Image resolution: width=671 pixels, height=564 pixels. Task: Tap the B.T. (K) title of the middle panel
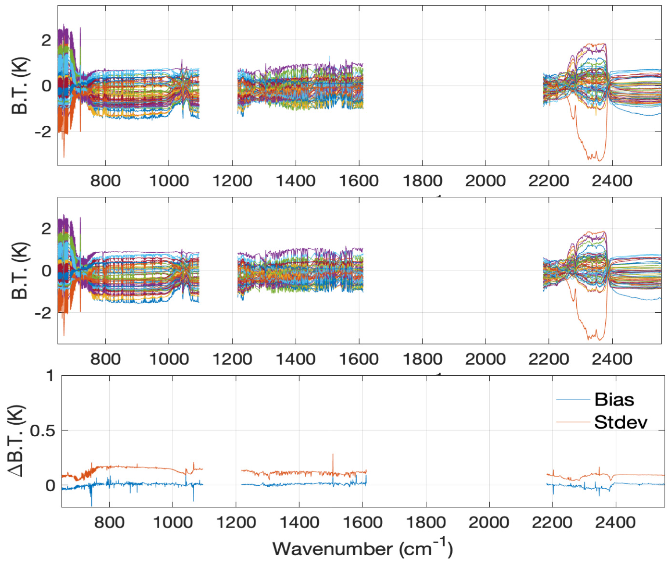pos(20,271)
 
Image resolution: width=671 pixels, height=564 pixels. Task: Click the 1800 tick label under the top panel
pos(422,181)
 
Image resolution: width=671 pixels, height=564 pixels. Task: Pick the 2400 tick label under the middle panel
pos(612,359)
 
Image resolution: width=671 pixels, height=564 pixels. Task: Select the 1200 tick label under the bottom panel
pos(236,523)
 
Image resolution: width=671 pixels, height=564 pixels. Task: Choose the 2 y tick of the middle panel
pos(46,229)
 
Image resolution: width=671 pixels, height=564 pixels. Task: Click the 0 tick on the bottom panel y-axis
pos(50,486)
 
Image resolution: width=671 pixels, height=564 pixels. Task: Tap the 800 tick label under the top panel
pos(105,181)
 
